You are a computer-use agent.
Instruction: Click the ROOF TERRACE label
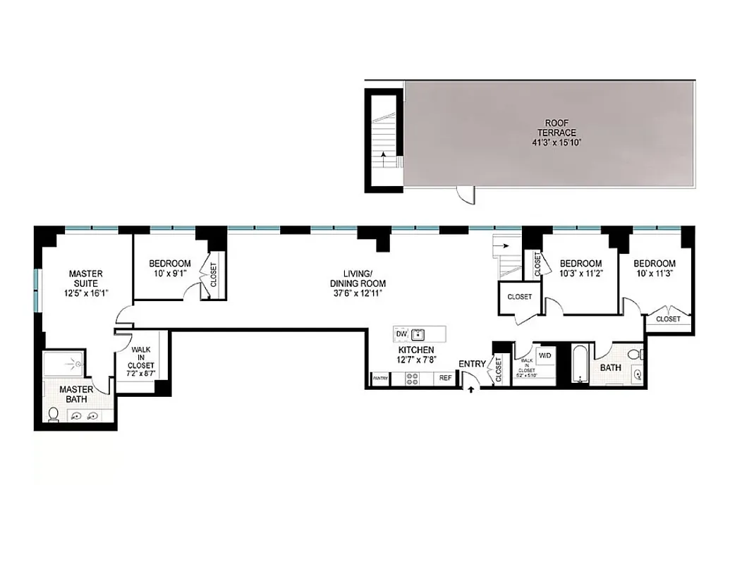[546, 127]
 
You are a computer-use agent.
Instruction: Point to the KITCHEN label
[415, 350]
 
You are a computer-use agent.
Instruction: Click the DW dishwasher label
[401, 333]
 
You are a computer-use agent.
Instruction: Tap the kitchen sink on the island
[418, 333]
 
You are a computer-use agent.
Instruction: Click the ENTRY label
[472, 364]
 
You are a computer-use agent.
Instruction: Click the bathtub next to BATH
[580, 364]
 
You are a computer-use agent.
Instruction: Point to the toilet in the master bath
[54, 414]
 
